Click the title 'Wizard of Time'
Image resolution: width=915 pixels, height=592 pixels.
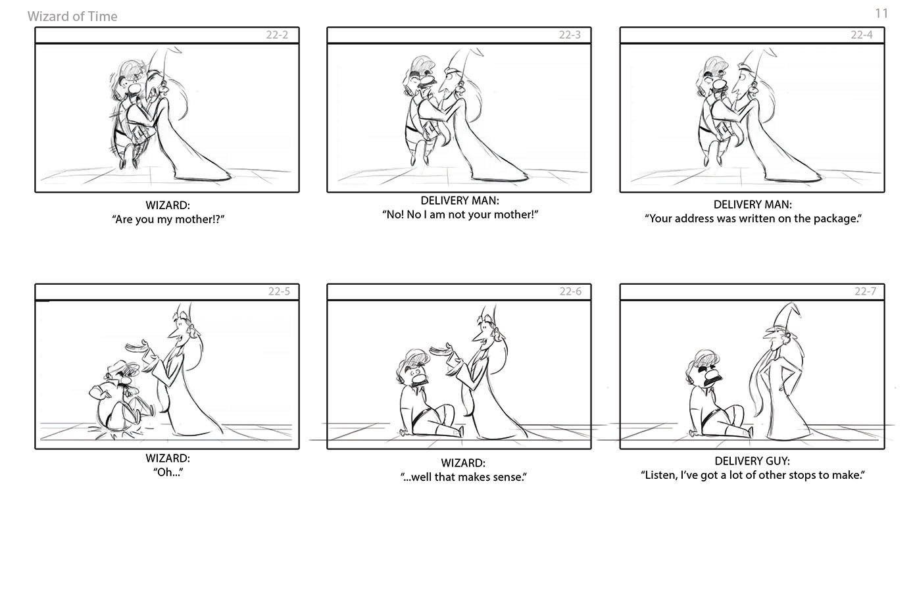(72, 16)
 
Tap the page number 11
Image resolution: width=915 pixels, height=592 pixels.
(881, 13)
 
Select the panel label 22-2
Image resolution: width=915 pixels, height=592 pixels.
(277, 35)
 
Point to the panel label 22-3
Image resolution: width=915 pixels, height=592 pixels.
(570, 35)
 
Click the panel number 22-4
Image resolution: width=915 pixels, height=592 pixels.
(862, 35)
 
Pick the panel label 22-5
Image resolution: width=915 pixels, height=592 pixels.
(279, 291)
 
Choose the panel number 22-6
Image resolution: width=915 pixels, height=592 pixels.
(570, 291)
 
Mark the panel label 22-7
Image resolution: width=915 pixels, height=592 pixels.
(865, 291)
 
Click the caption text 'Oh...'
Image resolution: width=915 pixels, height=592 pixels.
(168, 472)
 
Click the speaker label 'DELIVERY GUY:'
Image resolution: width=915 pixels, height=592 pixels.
(752, 461)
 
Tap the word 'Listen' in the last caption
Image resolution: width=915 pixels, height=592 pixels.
(658, 475)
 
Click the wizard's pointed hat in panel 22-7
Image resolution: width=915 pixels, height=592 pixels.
(787, 316)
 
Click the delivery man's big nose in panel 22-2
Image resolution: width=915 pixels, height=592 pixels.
(134, 88)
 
